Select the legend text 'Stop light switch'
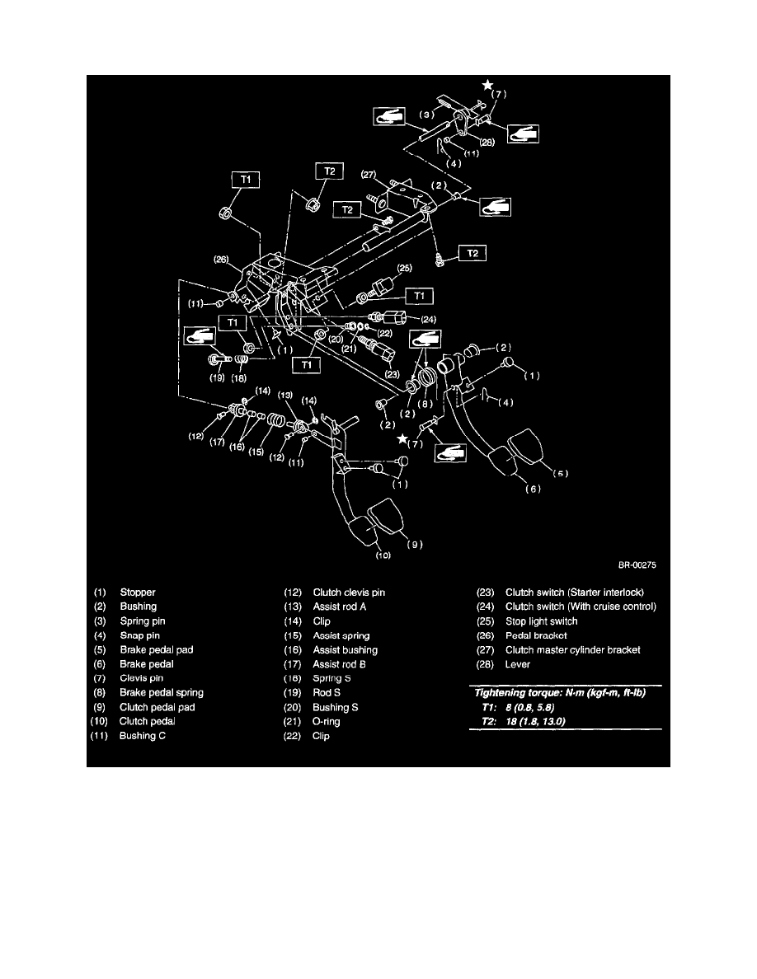[541, 621]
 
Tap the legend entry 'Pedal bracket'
[536, 635]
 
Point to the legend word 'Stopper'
[138, 593]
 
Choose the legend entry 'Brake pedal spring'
[161, 693]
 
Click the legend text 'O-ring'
[327, 722]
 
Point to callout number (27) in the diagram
[369, 174]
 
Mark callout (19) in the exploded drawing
[218, 379]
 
